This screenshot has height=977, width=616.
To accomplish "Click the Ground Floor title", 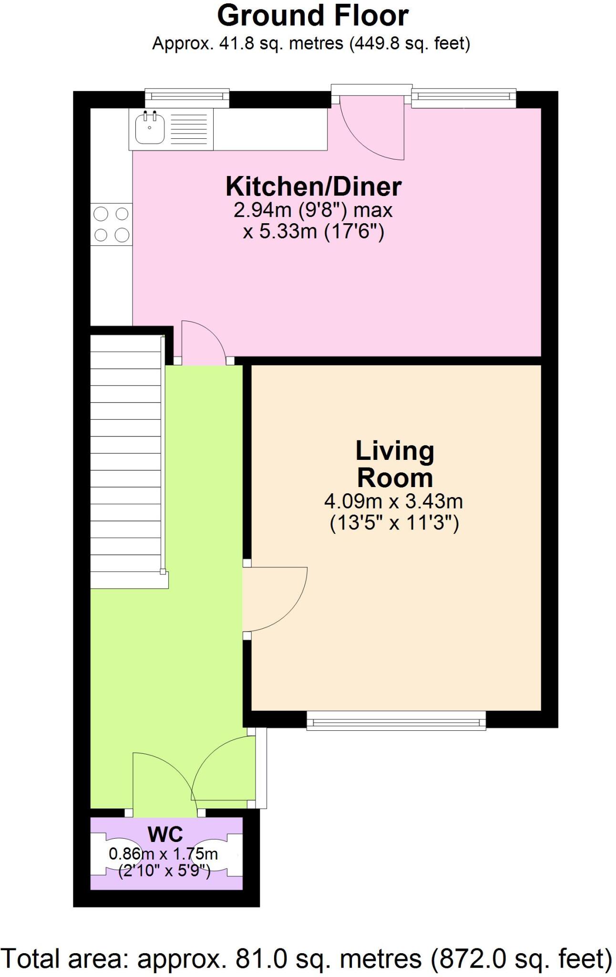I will click(312, 15).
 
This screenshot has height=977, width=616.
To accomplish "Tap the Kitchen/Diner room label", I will click(313, 187).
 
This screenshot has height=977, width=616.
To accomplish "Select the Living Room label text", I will click(394, 464).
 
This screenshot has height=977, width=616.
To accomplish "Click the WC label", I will click(165, 835).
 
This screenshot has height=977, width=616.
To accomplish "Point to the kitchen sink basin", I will click(149, 128).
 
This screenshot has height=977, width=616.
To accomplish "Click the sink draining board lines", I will click(188, 129).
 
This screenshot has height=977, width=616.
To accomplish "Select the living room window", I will click(396, 720).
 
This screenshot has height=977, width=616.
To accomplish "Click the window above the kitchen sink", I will click(186, 97).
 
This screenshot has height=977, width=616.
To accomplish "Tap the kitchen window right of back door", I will click(463, 97).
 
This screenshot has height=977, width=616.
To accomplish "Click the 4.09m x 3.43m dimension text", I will click(393, 502).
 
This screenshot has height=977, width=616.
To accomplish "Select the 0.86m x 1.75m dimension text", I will click(164, 854).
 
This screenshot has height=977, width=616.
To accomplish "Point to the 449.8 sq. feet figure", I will click(410, 44).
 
